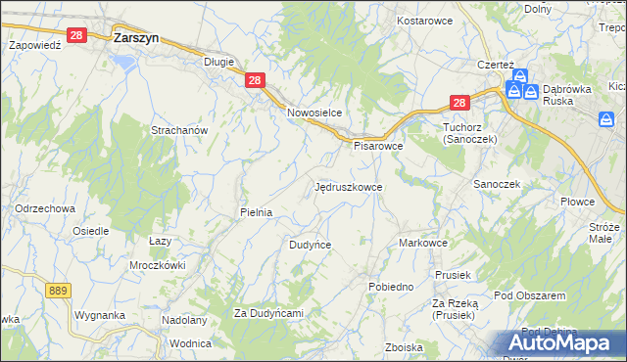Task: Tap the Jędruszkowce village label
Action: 349,186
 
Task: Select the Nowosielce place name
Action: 313,113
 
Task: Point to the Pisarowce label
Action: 378,146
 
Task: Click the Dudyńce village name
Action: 310,245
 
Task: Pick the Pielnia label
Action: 256,212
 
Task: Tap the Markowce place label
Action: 423,243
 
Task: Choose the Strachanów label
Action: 177,130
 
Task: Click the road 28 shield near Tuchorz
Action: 461,102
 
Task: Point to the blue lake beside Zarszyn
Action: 123,62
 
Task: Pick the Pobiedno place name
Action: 390,287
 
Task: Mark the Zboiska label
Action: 404,347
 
